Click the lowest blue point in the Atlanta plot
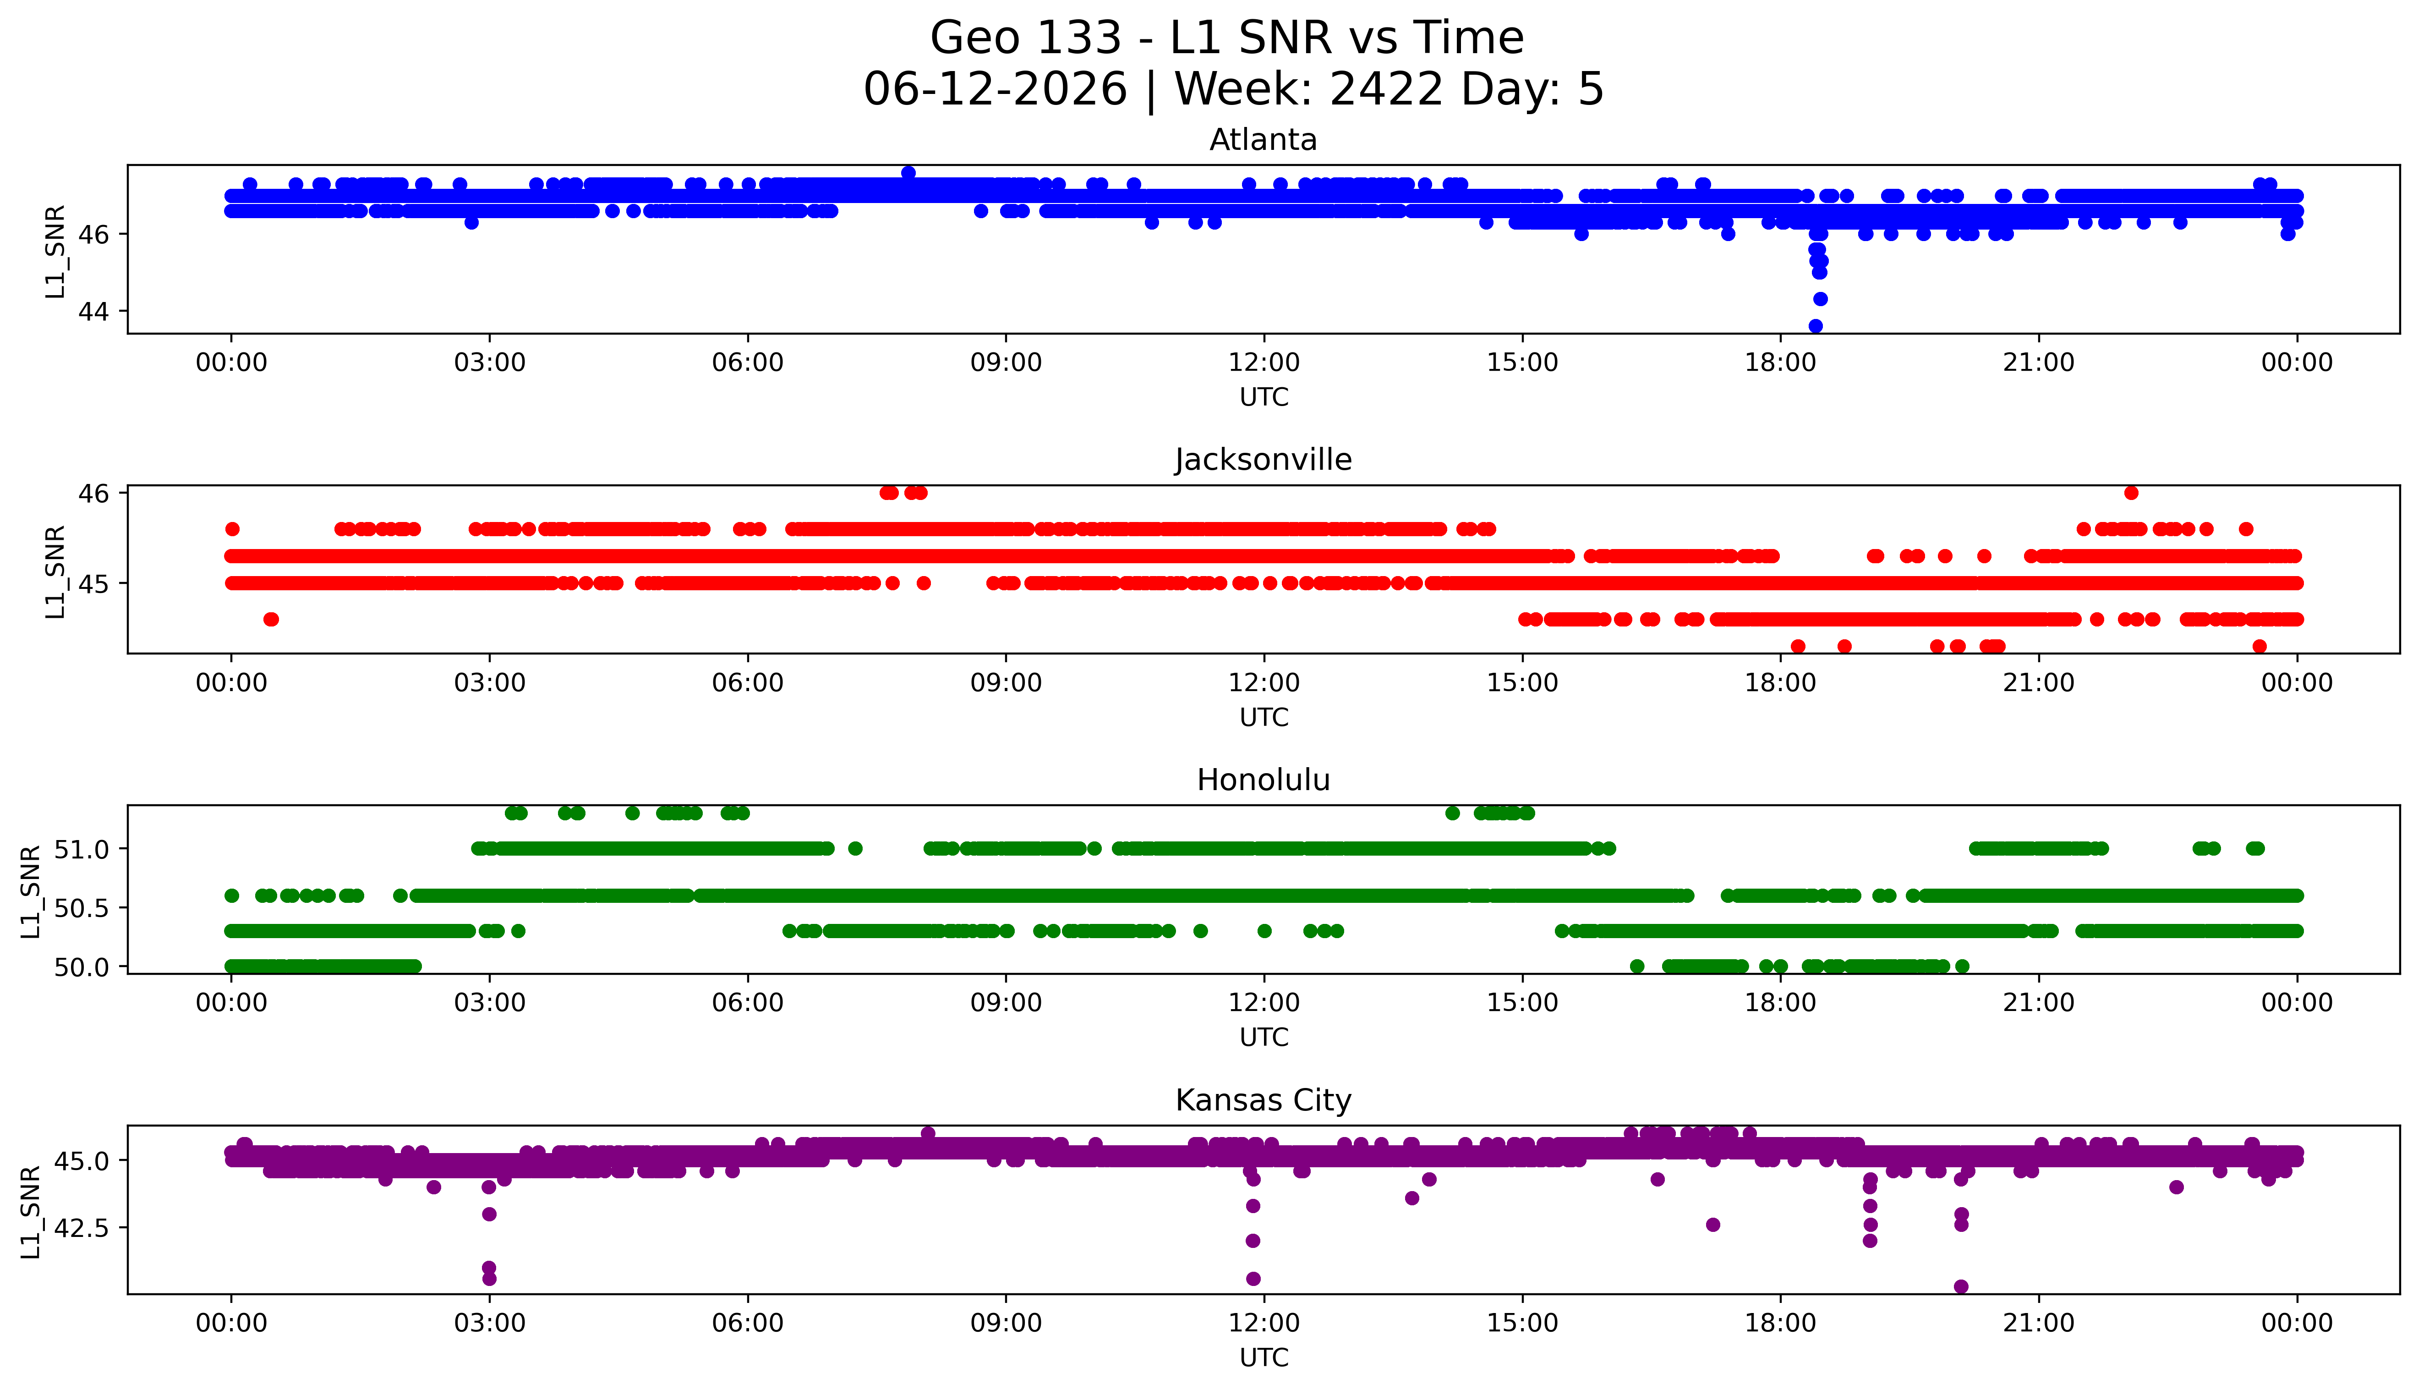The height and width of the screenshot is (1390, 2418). pyautogui.click(x=1815, y=325)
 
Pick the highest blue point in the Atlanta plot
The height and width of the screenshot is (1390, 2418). pyautogui.click(x=908, y=173)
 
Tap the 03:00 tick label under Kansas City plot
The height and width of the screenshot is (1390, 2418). pyautogui.click(x=490, y=1323)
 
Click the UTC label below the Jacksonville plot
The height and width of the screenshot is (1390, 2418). pyautogui.click(x=1264, y=717)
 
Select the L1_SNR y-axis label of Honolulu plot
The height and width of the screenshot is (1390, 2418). pyautogui.click(x=31, y=891)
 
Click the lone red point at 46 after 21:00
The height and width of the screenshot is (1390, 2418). pyautogui.click(x=2131, y=493)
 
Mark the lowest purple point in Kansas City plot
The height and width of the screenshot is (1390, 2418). pyautogui.click(x=1961, y=1286)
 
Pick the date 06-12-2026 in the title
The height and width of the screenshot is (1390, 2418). pyautogui.click(x=995, y=90)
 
